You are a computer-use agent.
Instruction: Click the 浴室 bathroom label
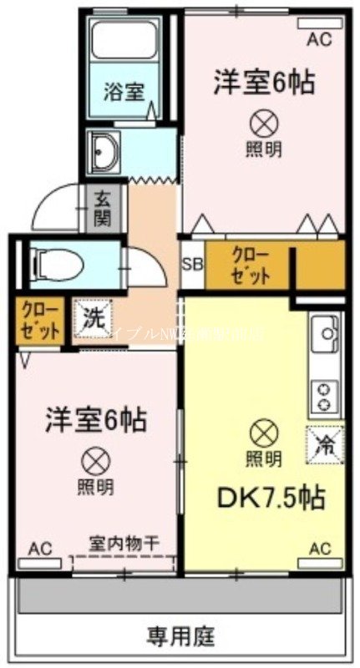tap(123, 90)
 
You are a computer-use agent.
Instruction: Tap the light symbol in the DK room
tap(262, 433)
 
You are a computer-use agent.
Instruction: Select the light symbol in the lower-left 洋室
tap(93, 461)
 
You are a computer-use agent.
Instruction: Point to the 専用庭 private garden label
tap(180, 639)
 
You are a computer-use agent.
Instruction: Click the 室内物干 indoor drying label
tap(124, 544)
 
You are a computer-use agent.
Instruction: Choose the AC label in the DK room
tap(320, 548)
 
